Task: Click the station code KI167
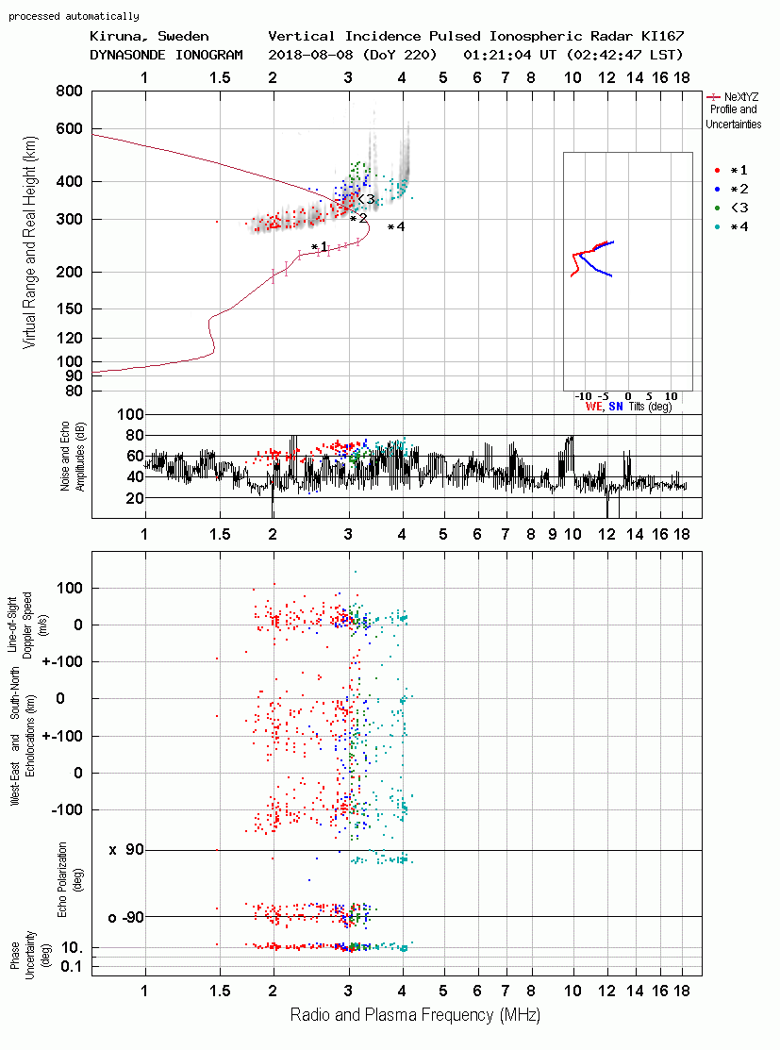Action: pos(662,36)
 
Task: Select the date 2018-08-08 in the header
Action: pos(310,55)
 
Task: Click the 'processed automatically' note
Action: pos(74,16)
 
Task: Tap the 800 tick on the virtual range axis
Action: pos(70,92)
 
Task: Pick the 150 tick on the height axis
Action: pos(70,308)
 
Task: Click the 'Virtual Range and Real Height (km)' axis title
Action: pos(29,242)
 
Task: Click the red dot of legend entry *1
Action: pos(717,171)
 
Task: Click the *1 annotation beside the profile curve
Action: pos(320,247)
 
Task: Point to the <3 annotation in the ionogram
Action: pos(366,199)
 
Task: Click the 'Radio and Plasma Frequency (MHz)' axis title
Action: pos(415,1015)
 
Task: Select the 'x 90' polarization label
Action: pos(126,850)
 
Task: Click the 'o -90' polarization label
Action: pos(126,917)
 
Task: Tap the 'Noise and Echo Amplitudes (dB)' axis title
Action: pos(73,456)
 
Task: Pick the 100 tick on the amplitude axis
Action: pos(130,414)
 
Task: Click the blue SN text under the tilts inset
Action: pos(616,407)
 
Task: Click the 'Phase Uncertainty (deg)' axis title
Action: pos(30,956)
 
